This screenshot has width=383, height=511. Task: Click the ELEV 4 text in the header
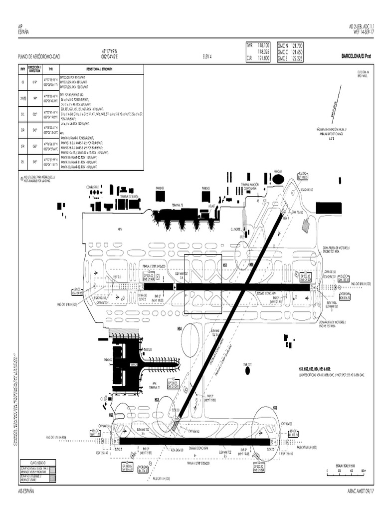(207, 57)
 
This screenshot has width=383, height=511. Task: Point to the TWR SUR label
(147, 349)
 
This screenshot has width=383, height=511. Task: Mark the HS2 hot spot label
(112, 415)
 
